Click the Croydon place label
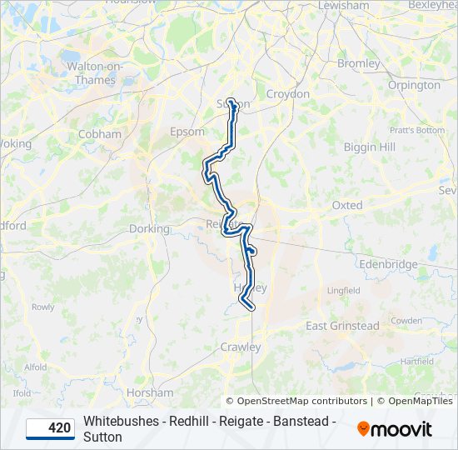287,94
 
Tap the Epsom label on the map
187,132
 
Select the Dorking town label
149,228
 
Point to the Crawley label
241,347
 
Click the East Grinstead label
342,326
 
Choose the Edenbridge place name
388,264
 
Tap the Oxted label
347,205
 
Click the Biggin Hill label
370,147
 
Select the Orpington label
414,85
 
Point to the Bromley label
358,63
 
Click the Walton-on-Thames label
95,72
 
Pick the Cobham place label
99,133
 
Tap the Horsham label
150,392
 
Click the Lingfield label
343,291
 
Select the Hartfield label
416,362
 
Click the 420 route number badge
51,428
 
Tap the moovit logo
395,429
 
